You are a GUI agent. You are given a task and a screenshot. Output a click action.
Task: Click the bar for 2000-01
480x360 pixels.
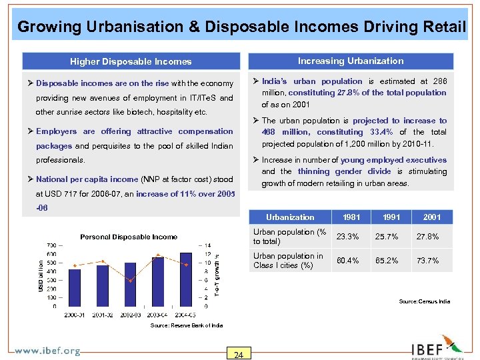click(x=74, y=287)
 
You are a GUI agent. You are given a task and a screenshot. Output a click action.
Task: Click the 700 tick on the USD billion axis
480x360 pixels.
click(x=51, y=245)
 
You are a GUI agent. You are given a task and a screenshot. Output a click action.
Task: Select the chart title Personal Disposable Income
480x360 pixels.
click(x=129, y=237)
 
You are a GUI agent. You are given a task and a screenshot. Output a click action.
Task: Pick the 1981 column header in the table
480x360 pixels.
click(x=351, y=217)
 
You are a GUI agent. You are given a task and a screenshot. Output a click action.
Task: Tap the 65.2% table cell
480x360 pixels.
click(x=387, y=261)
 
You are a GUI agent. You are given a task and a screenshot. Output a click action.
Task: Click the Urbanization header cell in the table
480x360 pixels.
click(x=290, y=217)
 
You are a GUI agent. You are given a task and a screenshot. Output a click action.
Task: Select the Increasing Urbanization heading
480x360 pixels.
click(x=351, y=61)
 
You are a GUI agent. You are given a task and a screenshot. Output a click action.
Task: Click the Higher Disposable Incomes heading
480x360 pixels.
click(x=131, y=61)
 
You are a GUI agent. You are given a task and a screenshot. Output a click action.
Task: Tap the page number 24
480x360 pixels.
click(x=239, y=354)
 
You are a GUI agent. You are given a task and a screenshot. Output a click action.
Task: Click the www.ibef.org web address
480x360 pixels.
click(x=47, y=351)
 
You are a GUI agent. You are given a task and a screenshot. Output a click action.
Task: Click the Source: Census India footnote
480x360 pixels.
click(x=424, y=301)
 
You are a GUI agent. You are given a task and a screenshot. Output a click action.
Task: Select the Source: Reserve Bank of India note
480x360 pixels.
click(x=187, y=325)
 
